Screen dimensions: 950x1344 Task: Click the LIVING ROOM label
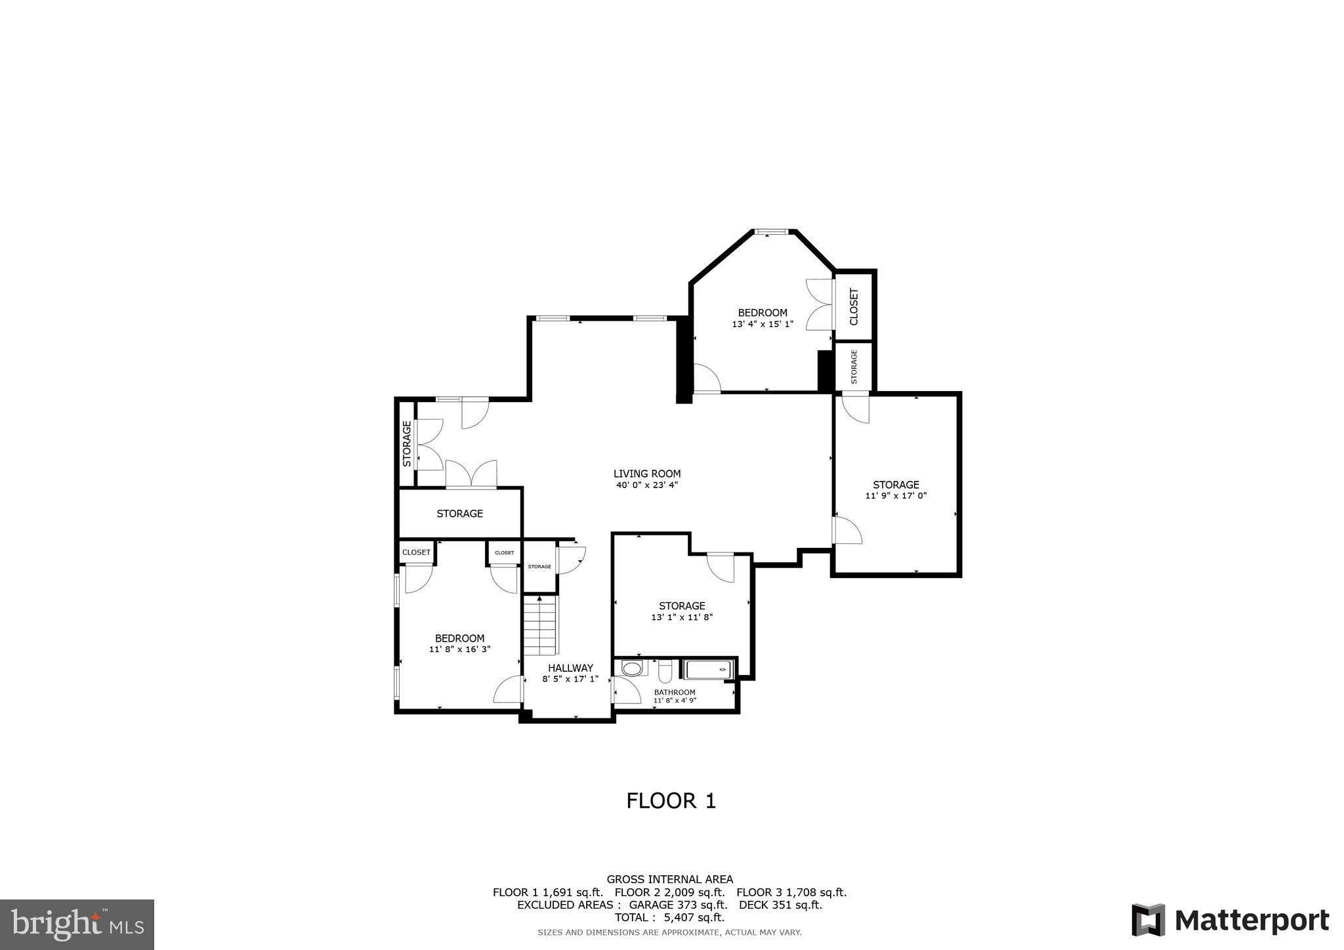tap(646, 474)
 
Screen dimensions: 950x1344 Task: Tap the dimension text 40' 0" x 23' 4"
tap(646, 485)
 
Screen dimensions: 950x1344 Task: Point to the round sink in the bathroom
tap(632, 669)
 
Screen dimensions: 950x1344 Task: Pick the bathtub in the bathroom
tap(707, 670)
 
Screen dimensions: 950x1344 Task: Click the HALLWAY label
tap(570, 668)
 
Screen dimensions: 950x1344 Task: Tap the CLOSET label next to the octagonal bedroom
tap(854, 306)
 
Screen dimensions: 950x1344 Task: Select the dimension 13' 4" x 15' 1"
tap(763, 324)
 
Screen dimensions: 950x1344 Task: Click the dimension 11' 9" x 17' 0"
tap(896, 496)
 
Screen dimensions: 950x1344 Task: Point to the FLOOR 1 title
tap(671, 801)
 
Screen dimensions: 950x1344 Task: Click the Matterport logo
tap(1230, 920)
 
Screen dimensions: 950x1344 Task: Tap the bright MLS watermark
tap(77, 924)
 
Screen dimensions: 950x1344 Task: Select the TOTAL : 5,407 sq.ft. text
tap(669, 917)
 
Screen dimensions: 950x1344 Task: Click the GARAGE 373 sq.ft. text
tap(678, 905)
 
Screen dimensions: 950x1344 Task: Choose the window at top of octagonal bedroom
tap(770, 232)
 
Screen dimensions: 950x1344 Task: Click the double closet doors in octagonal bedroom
tap(820, 305)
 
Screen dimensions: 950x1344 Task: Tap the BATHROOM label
tap(675, 692)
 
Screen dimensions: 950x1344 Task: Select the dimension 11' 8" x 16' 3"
tap(459, 650)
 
